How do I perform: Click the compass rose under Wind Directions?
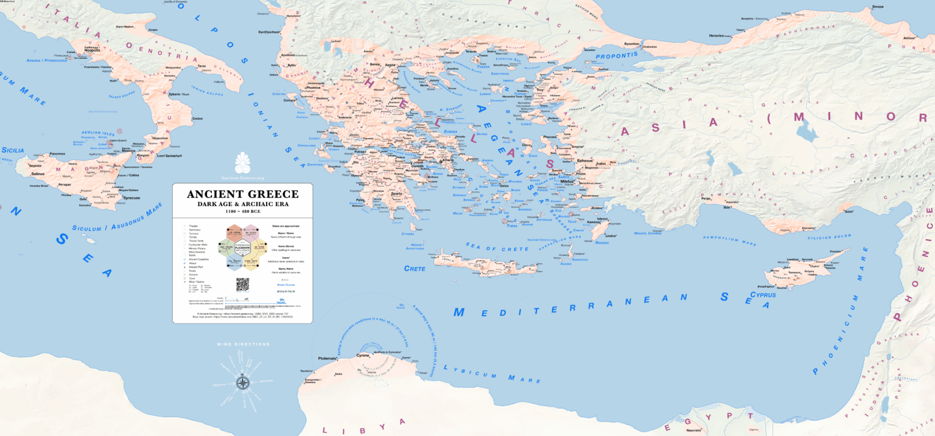tap(242, 382)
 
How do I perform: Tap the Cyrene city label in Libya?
tap(346, 355)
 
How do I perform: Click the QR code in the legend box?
tap(243, 285)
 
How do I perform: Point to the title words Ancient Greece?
tap(242, 195)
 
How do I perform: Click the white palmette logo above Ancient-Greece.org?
tap(242, 163)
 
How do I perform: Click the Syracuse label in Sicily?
tap(131, 198)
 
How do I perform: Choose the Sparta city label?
tap(397, 193)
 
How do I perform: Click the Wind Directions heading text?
tap(243, 344)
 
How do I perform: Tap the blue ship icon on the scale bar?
tap(248, 299)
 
